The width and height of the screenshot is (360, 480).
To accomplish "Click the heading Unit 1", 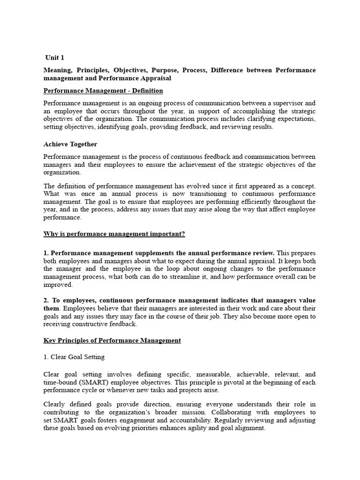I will tap(55, 58).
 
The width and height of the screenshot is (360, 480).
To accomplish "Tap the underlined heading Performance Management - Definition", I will tap(103, 90).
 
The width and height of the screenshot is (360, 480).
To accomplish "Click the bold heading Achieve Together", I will tap(70, 144).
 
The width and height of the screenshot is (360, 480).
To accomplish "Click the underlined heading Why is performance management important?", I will tap(114, 233).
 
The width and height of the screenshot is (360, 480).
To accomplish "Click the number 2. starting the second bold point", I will tap(46, 300).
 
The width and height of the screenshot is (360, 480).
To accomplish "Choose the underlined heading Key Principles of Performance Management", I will tap(112, 340).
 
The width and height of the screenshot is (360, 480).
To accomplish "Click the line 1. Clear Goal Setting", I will tap(74, 357).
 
